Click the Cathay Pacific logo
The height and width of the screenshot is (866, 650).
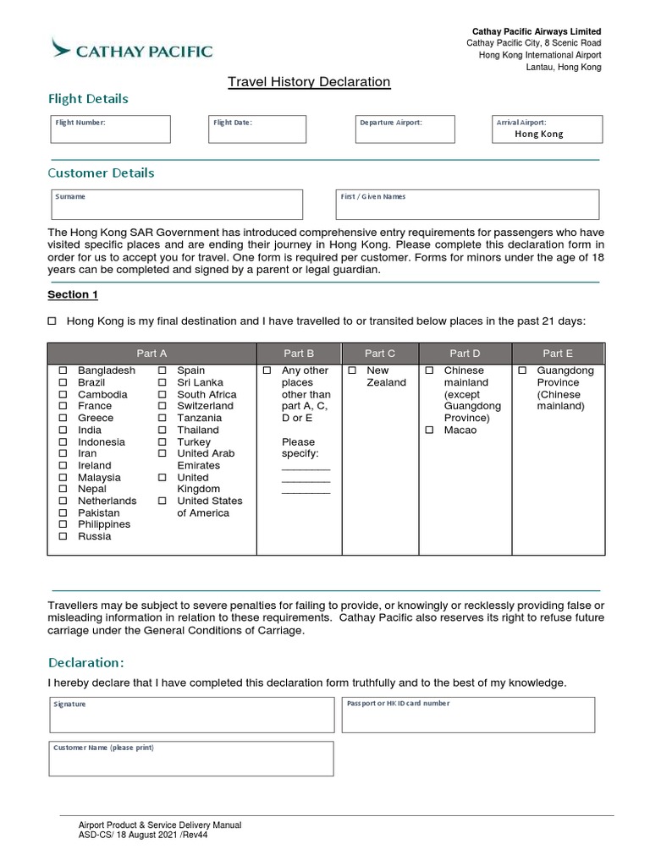[131, 49]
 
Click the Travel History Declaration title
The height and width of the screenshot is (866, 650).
[309, 82]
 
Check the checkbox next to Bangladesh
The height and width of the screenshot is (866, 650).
[63, 371]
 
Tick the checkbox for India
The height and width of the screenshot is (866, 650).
[63, 430]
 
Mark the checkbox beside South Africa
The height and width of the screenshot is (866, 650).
[162, 395]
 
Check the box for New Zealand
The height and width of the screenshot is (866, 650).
[352, 371]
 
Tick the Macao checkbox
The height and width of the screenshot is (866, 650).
[429, 430]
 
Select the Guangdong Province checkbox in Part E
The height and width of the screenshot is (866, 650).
[522, 371]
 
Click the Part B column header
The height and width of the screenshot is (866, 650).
[299, 354]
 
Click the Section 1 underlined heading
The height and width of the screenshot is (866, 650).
[73, 294]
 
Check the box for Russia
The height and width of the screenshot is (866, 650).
[63, 537]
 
